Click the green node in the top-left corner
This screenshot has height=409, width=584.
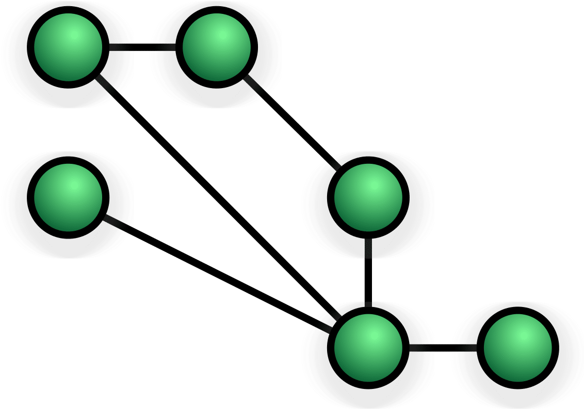coord(68,47)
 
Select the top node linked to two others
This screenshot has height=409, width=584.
coord(217,47)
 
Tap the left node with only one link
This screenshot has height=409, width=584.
coord(68,197)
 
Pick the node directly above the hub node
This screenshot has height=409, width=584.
coord(368,197)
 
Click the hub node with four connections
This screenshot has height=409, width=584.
coord(368,348)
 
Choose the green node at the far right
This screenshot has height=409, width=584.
coord(517,348)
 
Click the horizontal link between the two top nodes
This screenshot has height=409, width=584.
coord(142,47)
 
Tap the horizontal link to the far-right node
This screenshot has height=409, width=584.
coord(443,348)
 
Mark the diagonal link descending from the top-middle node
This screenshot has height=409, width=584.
coord(292,123)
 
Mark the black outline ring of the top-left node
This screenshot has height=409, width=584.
coord(31,47)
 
